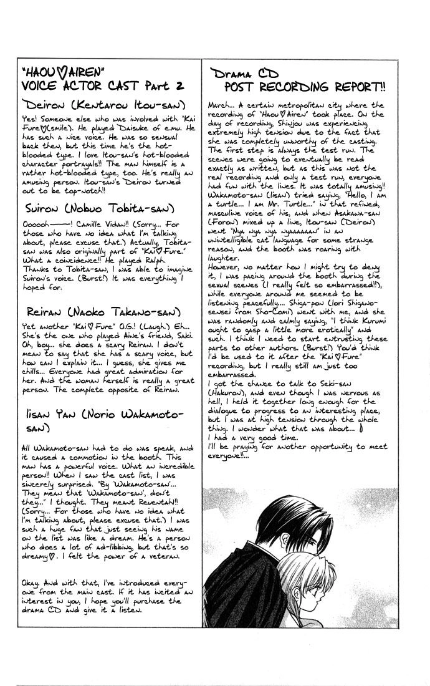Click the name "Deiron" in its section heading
[x=42, y=102]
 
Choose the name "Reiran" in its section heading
[x=42, y=311]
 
